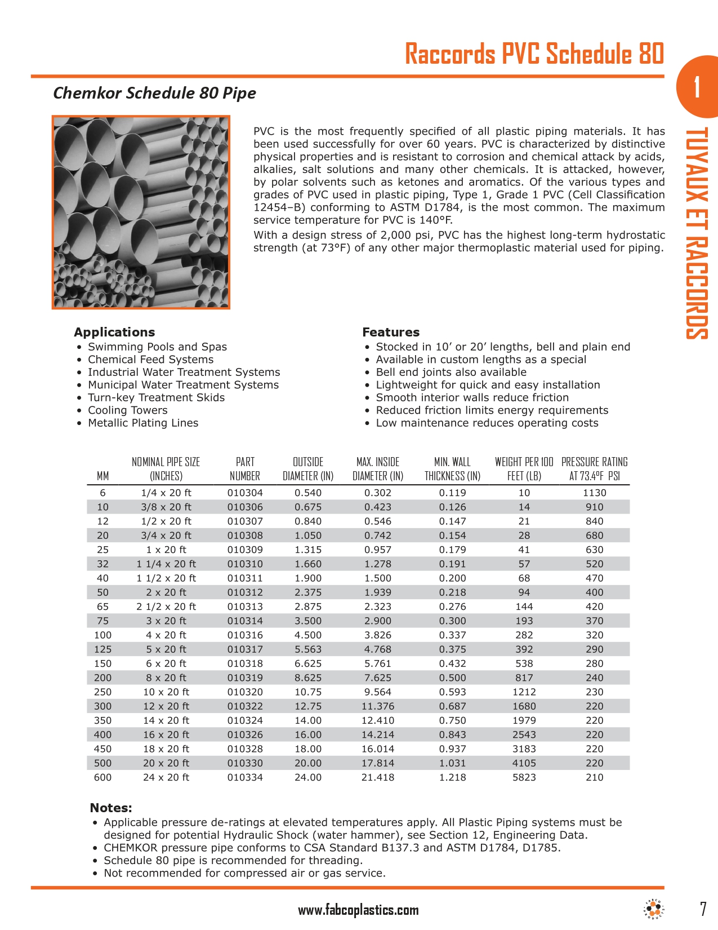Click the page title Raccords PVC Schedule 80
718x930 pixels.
(x=534, y=55)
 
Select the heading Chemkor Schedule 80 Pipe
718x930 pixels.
(x=154, y=93)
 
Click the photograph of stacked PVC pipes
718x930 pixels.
(x=141, y=212)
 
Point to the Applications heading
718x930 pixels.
(x=114, y=332)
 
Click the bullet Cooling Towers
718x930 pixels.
(x=127, y=410)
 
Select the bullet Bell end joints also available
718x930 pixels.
(x=451, y=372)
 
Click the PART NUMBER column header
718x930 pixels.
(x=245, y=469)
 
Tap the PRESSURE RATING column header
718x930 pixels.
(x=594, y=469)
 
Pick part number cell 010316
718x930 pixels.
(x=245, y=635)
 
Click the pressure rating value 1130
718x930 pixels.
(x=594, y=493)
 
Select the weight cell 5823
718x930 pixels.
(x=524, y=777)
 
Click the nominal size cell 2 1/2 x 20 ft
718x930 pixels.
(x=166, y=606)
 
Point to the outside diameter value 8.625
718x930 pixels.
(x=308, y=677)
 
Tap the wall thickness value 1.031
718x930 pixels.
(x=452, y=763)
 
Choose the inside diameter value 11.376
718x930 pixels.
(x=378, y=706)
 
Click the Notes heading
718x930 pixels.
(x=111, y=808)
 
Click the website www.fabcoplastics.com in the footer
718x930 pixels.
(x=358, y=910)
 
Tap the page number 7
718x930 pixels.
(x=702, y=909)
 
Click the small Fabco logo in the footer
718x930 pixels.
(x=653, y=909)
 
